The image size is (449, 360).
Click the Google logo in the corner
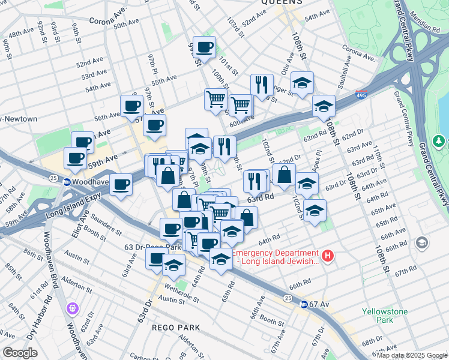point(20,352)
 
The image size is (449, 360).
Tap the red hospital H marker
point(327,256)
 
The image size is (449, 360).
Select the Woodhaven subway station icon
point(67,181)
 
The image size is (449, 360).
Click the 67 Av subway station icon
point(304,304)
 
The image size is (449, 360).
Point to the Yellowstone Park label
point(385,316)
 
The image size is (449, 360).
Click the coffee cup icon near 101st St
point(205,47)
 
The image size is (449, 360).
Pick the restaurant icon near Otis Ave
point(262,85)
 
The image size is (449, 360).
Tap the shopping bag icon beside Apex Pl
point(285,175)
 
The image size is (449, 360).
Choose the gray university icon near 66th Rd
point(421,242)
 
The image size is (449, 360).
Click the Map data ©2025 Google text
point(412,355)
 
